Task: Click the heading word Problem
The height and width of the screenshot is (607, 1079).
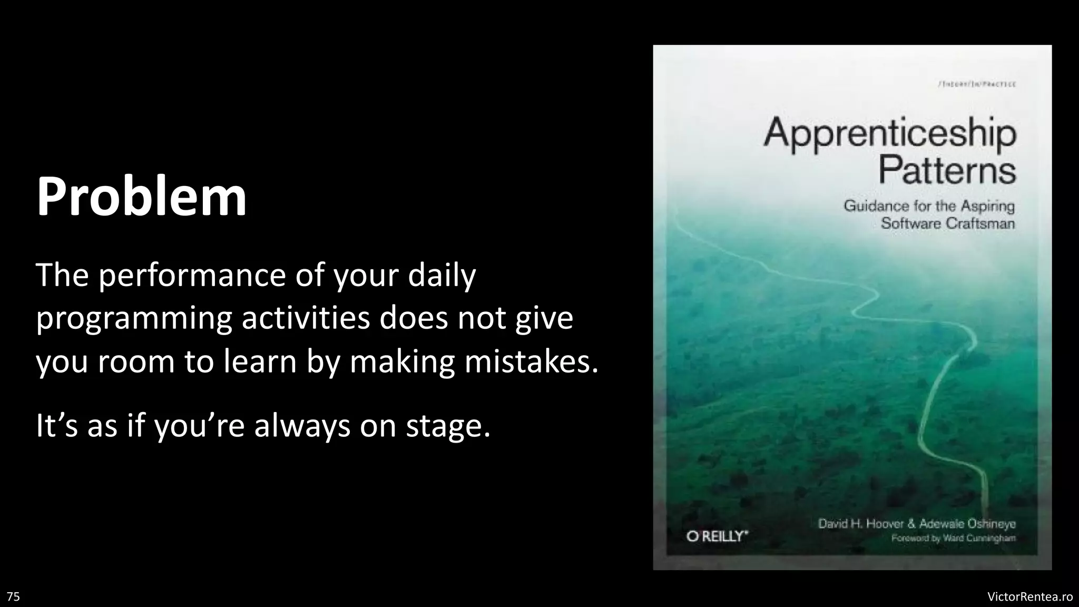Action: (x=141, y=197)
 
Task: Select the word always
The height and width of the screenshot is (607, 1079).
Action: (x=302, y=425)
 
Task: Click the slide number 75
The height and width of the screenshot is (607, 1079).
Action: (x=14, y=596)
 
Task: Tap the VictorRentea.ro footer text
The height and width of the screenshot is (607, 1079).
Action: (x=1029, y=596)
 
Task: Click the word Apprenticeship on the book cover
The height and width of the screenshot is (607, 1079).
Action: (x=889, y=134)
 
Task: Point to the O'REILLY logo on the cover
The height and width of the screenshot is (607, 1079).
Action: (x=717, y=536)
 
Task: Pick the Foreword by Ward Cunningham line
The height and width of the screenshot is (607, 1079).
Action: (x=953, y=539)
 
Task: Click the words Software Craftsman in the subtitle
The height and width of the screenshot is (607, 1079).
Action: (x=947, y=223)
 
